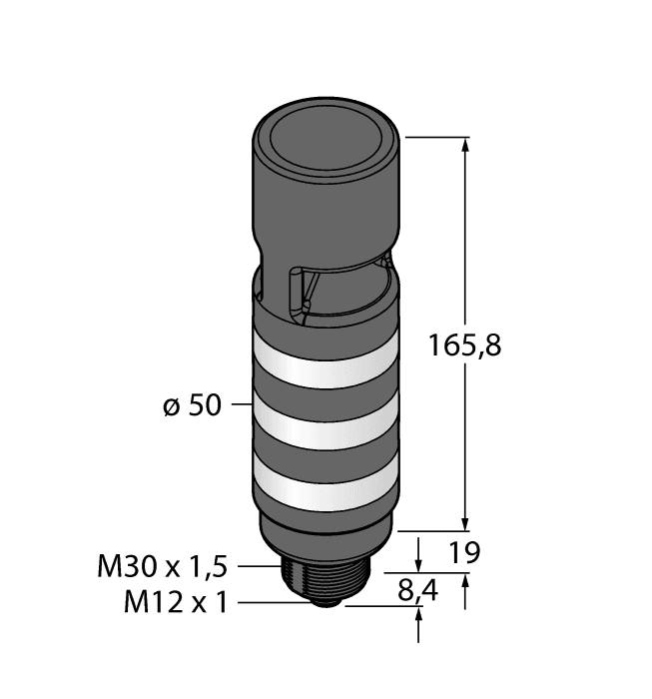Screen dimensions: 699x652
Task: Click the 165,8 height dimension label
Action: coord(463,347)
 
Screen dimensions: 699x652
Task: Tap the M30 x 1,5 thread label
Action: coord(163,567)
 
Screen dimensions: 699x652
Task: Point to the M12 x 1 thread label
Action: coord(176,602)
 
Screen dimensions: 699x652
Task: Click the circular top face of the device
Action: coord(325,131)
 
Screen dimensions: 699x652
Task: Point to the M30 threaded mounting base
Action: coord(325,571)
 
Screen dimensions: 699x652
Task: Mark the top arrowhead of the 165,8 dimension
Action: coord(464,146)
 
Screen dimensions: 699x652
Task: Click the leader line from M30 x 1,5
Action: coord(256,567)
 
